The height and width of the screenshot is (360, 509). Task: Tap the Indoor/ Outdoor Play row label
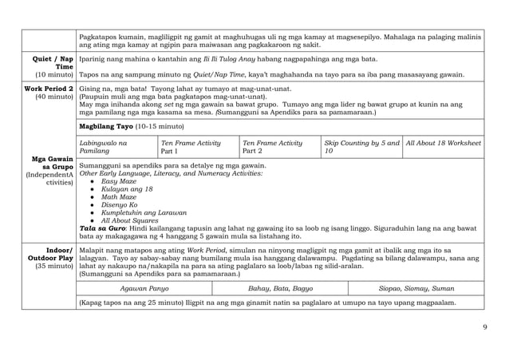click(50, 259)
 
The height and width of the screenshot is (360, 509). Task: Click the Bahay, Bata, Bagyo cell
click(281, 287)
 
